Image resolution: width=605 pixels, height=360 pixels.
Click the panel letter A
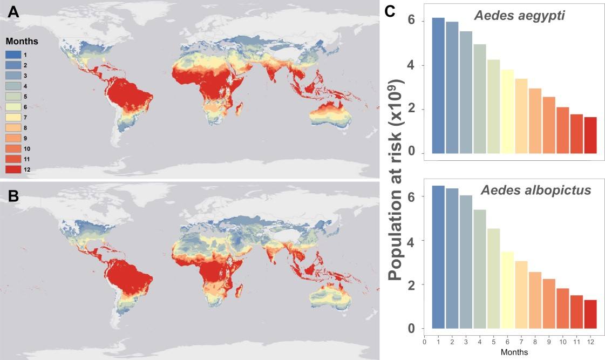click(13, 13)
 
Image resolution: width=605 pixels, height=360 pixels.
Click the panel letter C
click(392, 12)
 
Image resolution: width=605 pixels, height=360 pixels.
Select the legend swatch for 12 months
click(14, 169)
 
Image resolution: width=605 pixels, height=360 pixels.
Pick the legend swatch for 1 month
click(14, 55)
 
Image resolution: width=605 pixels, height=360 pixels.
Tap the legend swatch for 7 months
click(14, 117)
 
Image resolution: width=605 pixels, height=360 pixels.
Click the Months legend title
click(22, 41)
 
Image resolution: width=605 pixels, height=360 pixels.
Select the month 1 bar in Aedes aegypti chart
click(438, 85)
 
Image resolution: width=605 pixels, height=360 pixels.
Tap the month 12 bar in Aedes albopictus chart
click(590, 314)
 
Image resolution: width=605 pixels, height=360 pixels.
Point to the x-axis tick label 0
click(425, 341)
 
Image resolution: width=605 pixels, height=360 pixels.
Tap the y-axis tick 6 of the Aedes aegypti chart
click(412, 21)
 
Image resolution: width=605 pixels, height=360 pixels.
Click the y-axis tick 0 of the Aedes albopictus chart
click(412, 329)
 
